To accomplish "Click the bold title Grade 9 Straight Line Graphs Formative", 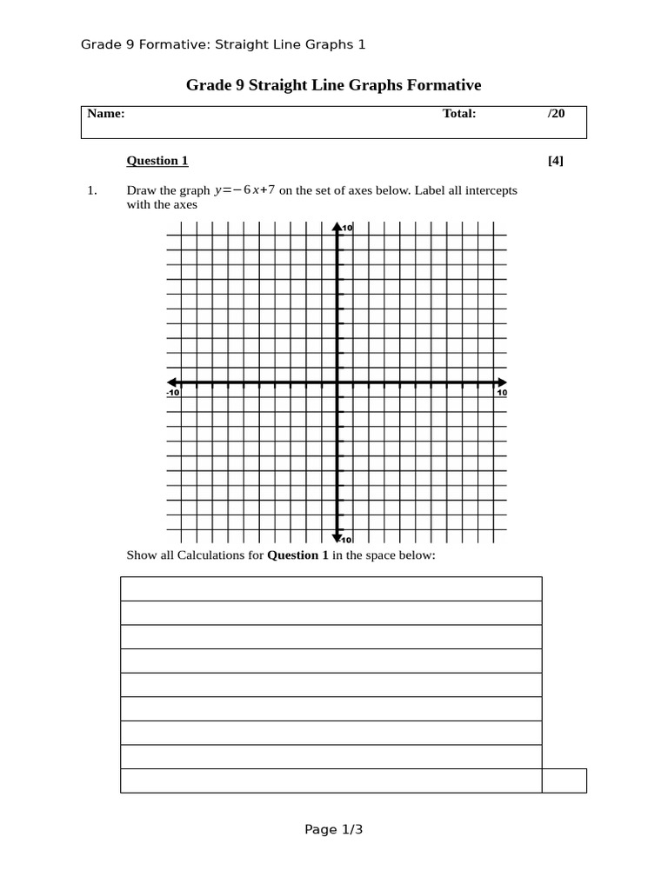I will tap(333, 85).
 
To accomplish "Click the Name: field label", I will tap(106, 114).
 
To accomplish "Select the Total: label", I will tap(459, 114).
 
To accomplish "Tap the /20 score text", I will tap(556, 114).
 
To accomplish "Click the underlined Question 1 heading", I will tap(157, 161).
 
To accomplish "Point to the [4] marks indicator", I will tap(556, 161).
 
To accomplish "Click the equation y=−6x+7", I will tap(244, 190).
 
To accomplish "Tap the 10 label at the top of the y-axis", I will tap(346, 228).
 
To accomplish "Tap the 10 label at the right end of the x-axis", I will tap(502, 394).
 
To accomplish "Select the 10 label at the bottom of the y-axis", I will tap(346, 540).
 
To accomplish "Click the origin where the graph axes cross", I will tap(337, 383).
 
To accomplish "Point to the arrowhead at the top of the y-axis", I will tap(337, 228).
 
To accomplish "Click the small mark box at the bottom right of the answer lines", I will tap(564, 780).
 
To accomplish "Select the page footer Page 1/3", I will tap(333, 830).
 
